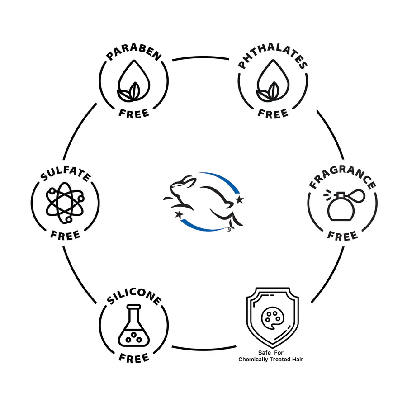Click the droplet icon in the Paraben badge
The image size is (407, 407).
(x=133, y=85)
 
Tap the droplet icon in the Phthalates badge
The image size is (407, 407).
(x=272, y=85)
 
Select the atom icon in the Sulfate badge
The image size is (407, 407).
(x=65, y=204)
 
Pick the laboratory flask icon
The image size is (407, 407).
(x=133, y=328)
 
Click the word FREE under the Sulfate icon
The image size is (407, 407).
(x=65, y=235)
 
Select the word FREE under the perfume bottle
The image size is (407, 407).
(x=343, y=235)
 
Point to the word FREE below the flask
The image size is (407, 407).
(x=134, y=358)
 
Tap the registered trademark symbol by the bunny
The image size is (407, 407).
(x=229, y=230)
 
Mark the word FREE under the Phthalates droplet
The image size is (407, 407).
(x=273, y=113)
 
